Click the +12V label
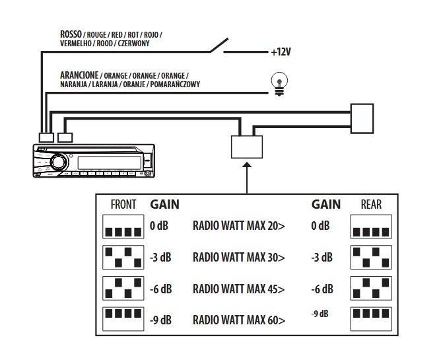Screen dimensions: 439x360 (281, 52)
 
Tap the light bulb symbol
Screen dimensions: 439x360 (279, 84)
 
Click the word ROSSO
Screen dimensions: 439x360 (71, 34)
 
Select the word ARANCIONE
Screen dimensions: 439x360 (79, 75)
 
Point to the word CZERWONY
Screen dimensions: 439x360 (133, 44)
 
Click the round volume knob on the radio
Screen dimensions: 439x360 (58, 162)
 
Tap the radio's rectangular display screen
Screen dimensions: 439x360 (110, 162)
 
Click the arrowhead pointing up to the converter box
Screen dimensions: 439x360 (247, 164)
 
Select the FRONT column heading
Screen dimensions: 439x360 (123, 205)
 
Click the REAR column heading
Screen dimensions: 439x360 (371, 205)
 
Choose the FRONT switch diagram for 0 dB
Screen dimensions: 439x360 (123, 227)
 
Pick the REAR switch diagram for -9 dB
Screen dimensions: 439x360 (371, 319)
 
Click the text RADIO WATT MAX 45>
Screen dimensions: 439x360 (239, 289)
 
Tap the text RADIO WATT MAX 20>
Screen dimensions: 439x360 (239, 225)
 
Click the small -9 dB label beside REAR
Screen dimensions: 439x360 (320, 314)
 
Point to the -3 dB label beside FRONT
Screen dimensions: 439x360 (160, 258)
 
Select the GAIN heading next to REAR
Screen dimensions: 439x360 (326, 205)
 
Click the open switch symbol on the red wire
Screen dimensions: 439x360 (219, 46)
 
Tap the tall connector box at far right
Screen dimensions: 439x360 (362, 118)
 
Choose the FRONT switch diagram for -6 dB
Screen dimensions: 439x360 (123, 288)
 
